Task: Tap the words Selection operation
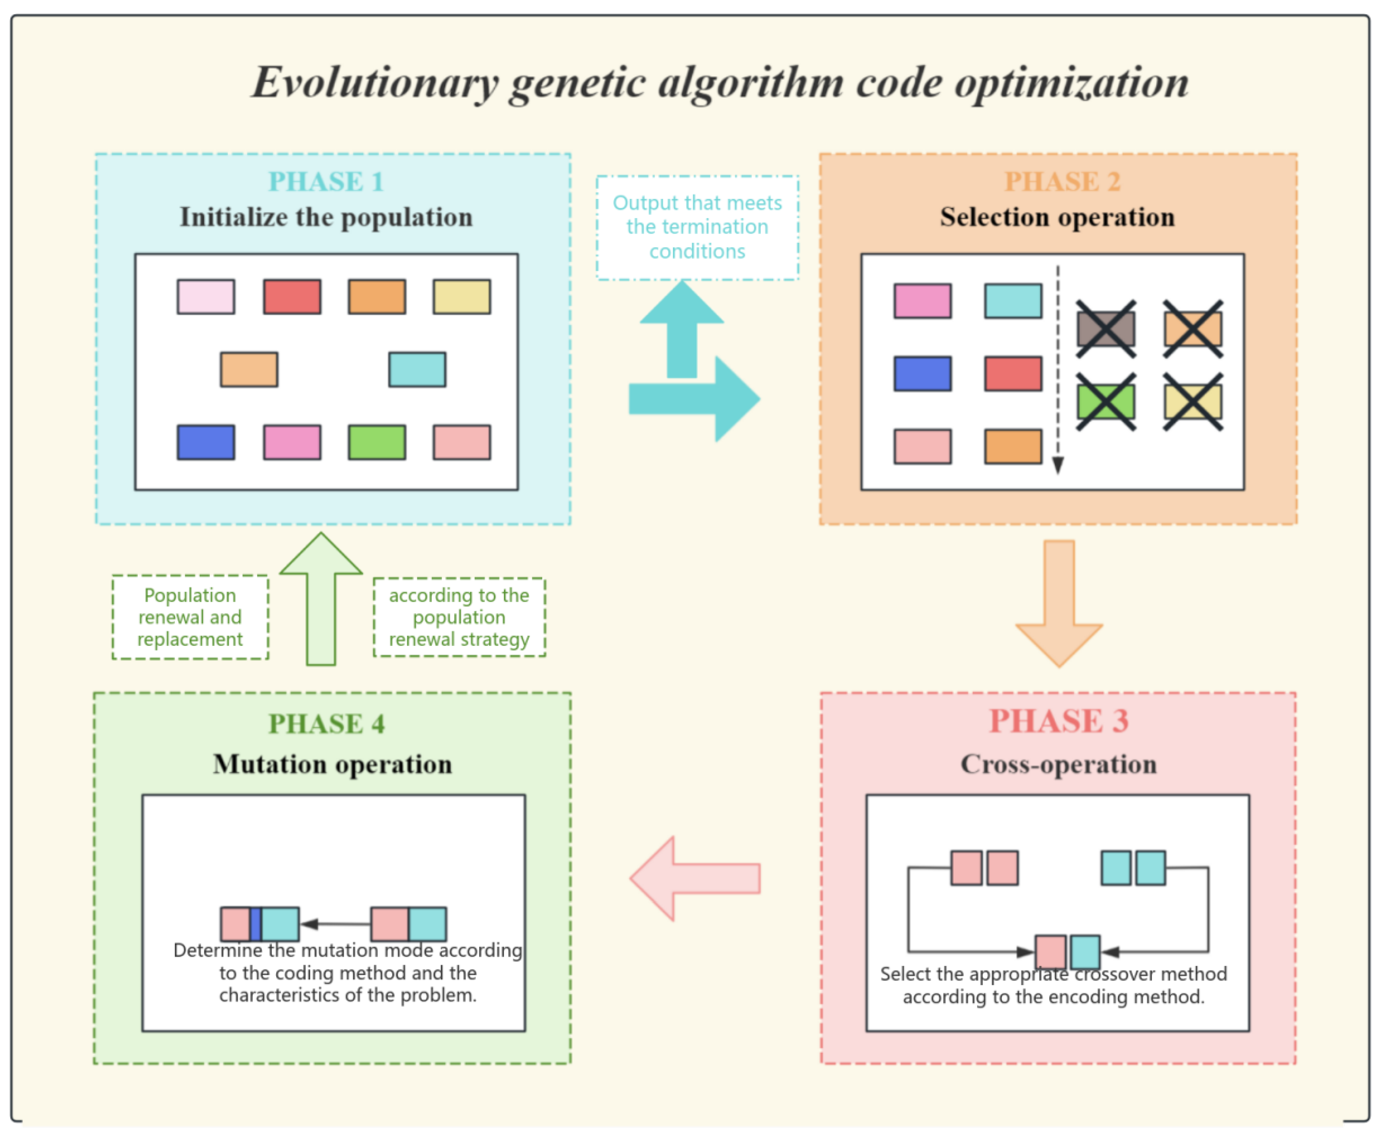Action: pyautogui.click(x=1057, y=217)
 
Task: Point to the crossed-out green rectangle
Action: pyautogui.click(x=1106, y=402)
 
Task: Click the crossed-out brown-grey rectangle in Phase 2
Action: pyautogui.click(x=1106, y=329)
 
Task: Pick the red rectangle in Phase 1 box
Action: pyautogui.click(x=292, y=297)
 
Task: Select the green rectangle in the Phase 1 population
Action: pyautogui.click(x=377, y=442)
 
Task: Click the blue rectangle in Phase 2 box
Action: pyautogui.click(x=923, y=374)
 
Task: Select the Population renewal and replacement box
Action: pyautogui.click(x=190, y=617)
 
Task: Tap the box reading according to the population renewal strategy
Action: pyautogui.click(x=459, y=617)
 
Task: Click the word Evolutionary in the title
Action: pyautogui.click(x=375, y=84)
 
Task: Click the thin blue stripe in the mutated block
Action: pyautogui.click(x=256, y=924)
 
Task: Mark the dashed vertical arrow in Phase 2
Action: pyautogui.click(x=1058, y=369)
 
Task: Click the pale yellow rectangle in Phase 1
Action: pyautogui.click(x=461, y=297)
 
